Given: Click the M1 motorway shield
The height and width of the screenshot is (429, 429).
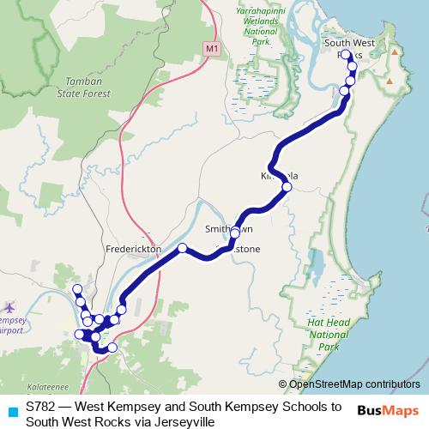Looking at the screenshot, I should (212, 49).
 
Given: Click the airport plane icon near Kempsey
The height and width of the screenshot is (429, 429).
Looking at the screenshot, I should (9, 306).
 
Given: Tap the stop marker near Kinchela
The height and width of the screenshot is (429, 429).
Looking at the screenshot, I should (287, 186).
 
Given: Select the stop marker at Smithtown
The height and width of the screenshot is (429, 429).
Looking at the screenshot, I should (234, 233).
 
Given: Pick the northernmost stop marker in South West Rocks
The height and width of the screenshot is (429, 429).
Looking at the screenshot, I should (346, 54).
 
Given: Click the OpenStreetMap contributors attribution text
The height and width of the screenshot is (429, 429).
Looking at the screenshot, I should (354, 385).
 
